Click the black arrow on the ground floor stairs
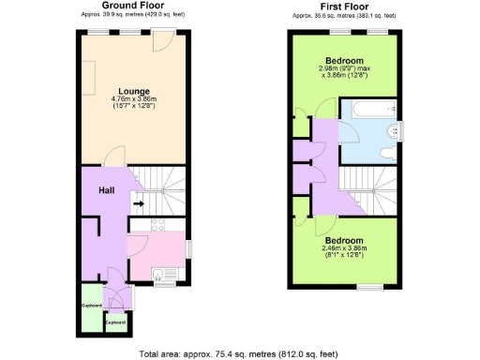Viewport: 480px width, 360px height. pyautogui.click(x=139, y=202)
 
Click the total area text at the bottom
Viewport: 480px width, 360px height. pyautogui.click(x=238, y=353)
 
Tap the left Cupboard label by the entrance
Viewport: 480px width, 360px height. pyautogui.click(x=91, y=306)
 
